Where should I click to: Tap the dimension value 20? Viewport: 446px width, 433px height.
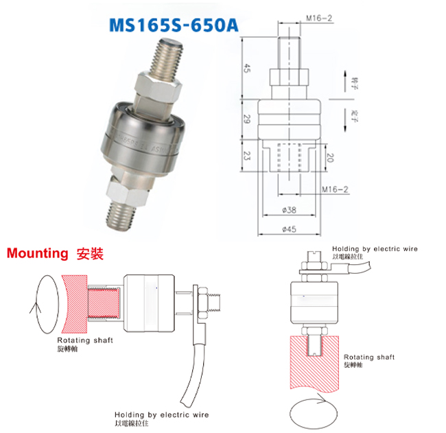331,158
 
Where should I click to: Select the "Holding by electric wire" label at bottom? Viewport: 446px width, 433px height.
162,414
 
